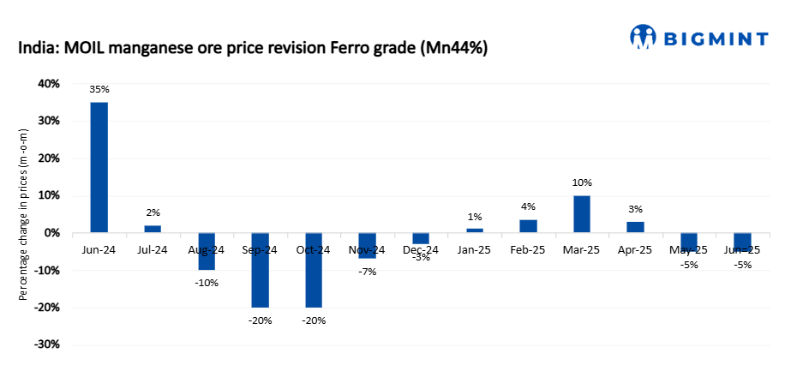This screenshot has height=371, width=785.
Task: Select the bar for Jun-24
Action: [x=99, y=167]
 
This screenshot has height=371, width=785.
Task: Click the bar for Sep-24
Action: [x=260, y=270]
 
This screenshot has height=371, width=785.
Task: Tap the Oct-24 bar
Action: [x=313, y=270]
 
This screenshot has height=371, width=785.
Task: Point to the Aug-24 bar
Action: [x=207, y=251]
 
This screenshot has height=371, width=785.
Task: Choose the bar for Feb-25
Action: [x=528, y=225]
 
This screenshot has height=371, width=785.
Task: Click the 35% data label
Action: [x=99, y=89]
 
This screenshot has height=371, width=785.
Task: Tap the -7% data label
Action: [x=367, y=272]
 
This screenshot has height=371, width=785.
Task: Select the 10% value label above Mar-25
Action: [x=582, y=183]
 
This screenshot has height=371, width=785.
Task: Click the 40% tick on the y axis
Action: [x=48, y=84]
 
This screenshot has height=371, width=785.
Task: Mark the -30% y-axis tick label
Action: [x=46, y=344]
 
